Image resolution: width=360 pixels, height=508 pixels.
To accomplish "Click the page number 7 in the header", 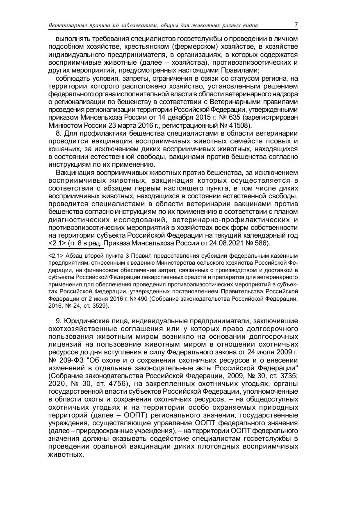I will tap(296, 25).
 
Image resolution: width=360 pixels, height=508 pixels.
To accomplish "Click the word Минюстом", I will tap(62, 125).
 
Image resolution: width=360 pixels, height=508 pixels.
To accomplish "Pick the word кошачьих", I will tap(63, 149).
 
